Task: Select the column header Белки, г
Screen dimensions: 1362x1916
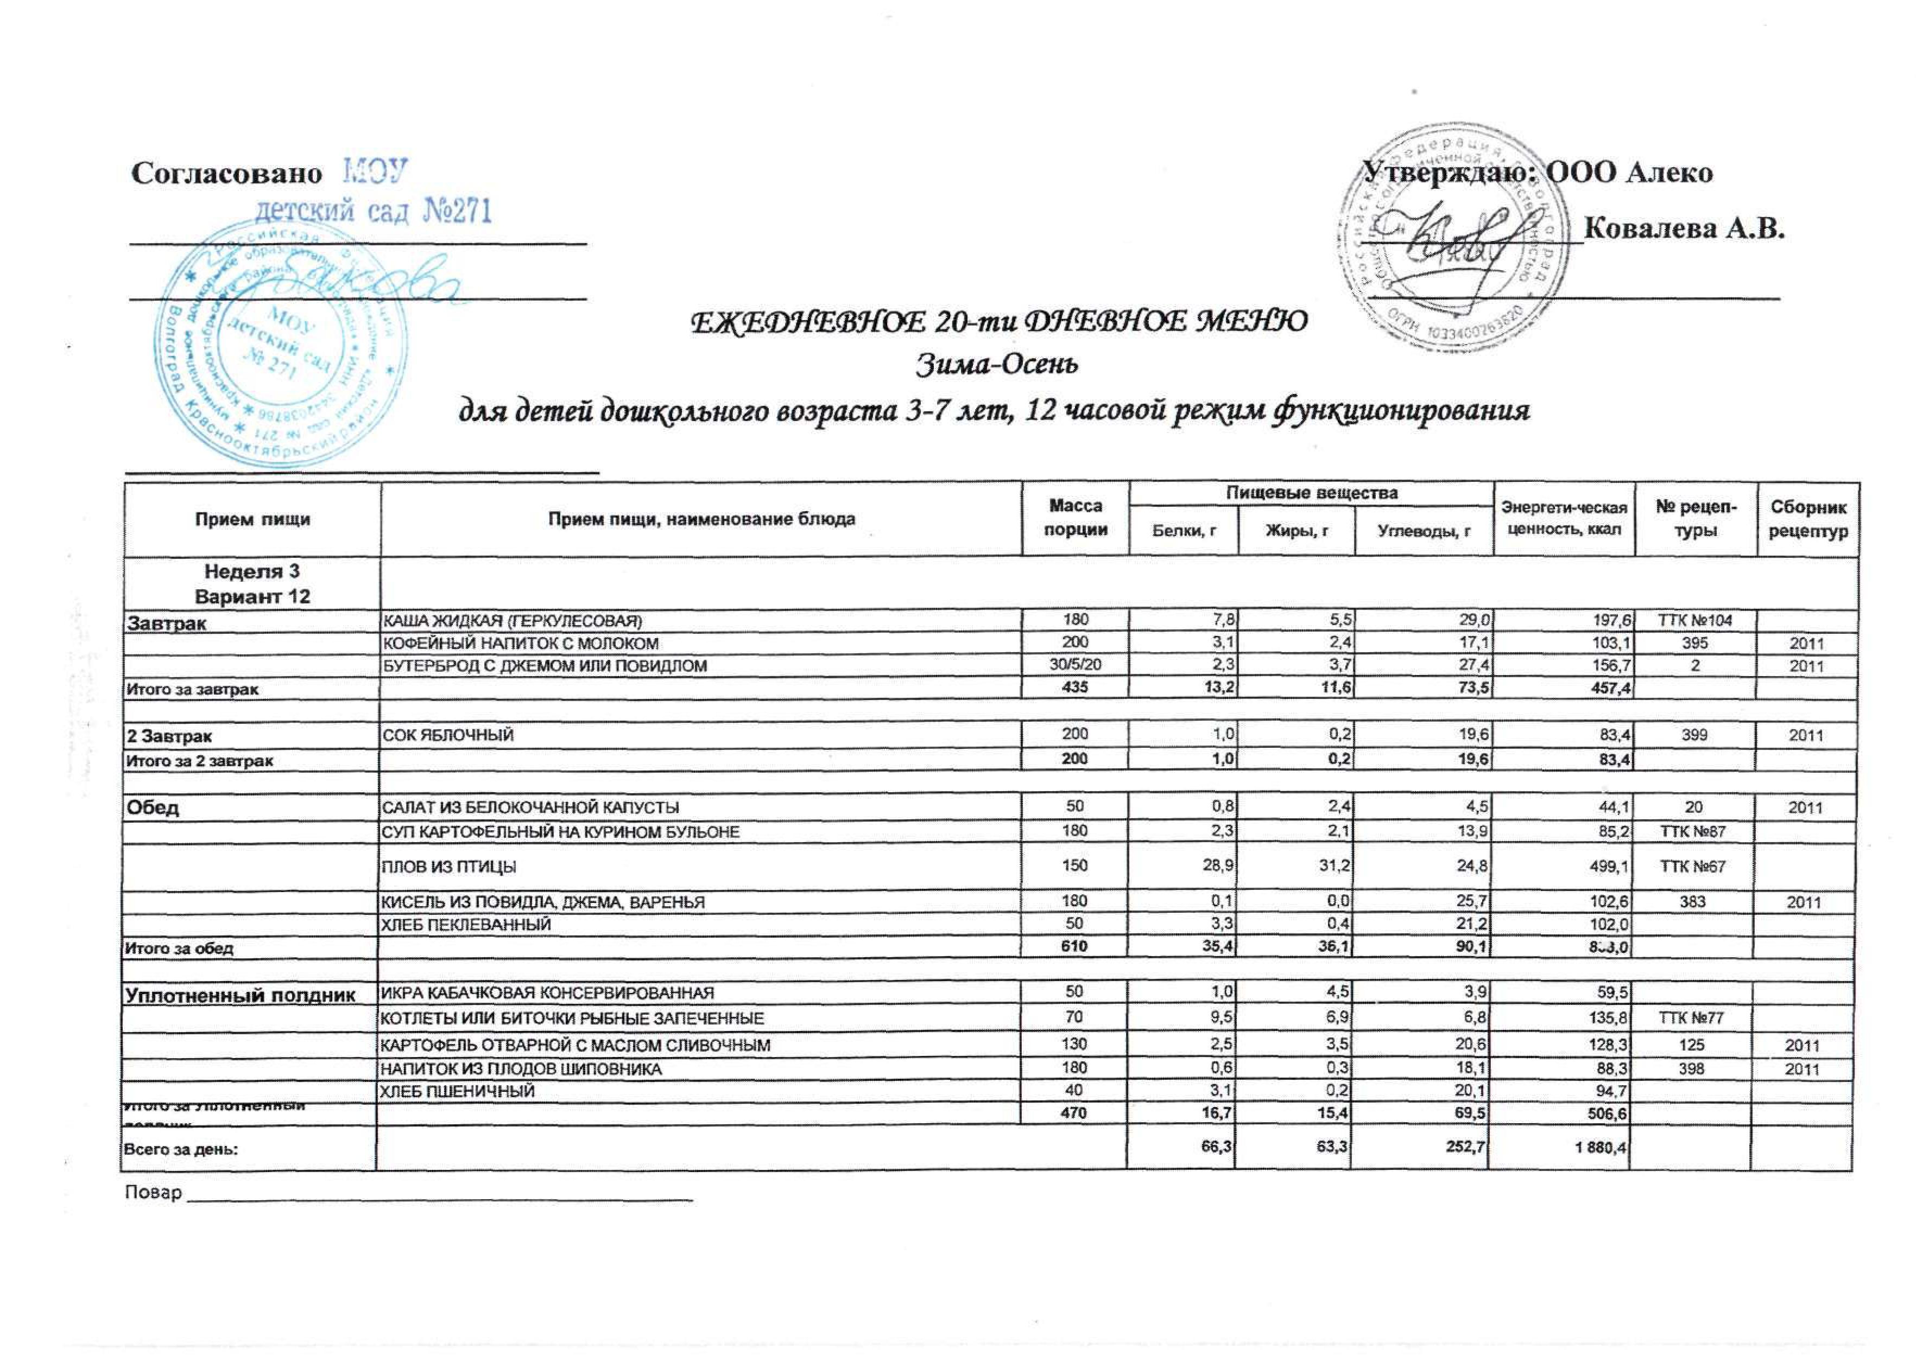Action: coord(1185,530)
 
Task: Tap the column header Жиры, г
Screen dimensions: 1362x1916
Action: coord(1297,530)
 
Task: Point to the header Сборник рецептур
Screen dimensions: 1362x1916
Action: coord(1808,519)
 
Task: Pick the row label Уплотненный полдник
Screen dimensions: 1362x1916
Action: coord(240,995)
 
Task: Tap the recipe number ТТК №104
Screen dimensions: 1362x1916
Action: coord(1694,621)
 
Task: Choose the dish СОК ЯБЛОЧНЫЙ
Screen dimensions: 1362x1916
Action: coord(448,735)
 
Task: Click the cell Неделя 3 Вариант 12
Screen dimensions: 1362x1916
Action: coord(252,584)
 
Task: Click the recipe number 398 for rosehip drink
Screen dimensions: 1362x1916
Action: coord(1694,1068)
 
